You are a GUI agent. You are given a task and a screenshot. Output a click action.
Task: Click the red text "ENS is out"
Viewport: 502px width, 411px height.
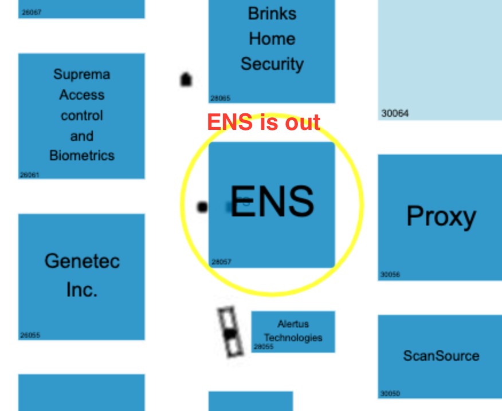[x=264, y=122]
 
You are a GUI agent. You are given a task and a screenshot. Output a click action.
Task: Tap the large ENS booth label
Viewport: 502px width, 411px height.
[x=272, y=201]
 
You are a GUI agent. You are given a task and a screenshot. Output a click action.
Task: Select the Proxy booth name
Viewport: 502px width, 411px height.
[x=441, y=216]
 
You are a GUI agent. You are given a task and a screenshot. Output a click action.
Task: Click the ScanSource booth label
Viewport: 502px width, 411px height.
[x=441, y=355]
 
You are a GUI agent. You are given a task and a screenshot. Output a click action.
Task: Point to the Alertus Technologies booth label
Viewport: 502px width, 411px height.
[x=293, y=331]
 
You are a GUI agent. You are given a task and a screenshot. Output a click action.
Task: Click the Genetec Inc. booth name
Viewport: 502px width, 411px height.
[x=82, y=275]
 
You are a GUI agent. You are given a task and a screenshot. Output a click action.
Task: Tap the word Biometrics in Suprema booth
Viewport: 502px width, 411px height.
[x=82, y=156]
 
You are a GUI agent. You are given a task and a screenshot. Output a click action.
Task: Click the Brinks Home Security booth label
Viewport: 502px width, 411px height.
[x=272, y=39]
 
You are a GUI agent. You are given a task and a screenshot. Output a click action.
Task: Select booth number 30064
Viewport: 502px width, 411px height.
[x=395, y=113]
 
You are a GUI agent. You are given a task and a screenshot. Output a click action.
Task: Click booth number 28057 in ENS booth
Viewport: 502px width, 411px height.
[x=221, y=262]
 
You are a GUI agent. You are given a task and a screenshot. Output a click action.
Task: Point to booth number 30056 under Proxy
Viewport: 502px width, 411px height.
[x=390, y=274]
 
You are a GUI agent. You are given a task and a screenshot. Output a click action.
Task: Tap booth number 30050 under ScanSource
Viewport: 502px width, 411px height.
[x=390, y=393]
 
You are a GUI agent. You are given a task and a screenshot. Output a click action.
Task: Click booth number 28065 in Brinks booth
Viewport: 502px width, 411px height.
[x=220, y=98]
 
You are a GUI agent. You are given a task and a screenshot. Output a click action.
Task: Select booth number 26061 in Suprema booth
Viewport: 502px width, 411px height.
[x=29, y=175]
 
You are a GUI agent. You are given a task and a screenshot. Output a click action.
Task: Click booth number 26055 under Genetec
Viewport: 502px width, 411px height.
[x=30, y=335]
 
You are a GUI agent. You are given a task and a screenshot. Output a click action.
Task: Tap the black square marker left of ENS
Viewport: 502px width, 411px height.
[x=202, y=207]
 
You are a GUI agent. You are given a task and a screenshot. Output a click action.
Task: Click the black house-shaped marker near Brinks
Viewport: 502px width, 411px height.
[x=186, y=80]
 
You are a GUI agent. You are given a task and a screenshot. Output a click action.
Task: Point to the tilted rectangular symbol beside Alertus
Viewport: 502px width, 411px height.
[x=230, y=332]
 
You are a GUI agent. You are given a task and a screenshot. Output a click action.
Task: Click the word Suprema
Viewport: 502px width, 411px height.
[x=82, y=74]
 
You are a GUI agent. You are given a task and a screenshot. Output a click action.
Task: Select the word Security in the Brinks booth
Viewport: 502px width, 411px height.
[x=272, y=64]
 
